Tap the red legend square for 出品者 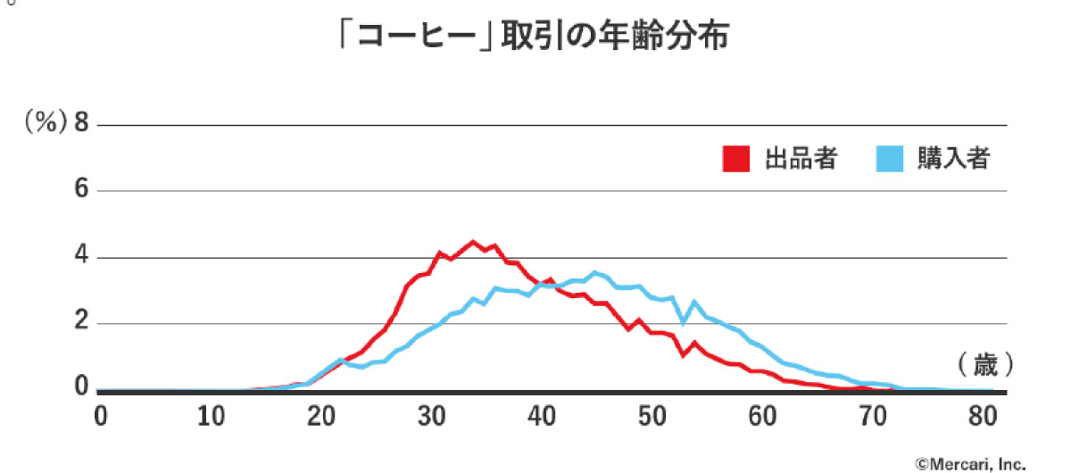pos(735,159)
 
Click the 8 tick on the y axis pos(83,124)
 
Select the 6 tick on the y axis pos(83,191)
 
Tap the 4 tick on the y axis pos(83,258)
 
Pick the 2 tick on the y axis pos(83,324)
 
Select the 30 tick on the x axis pos(431,416)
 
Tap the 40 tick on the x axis pos(542,416)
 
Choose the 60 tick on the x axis pos(763,416)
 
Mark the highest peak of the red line pos(473,242)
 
